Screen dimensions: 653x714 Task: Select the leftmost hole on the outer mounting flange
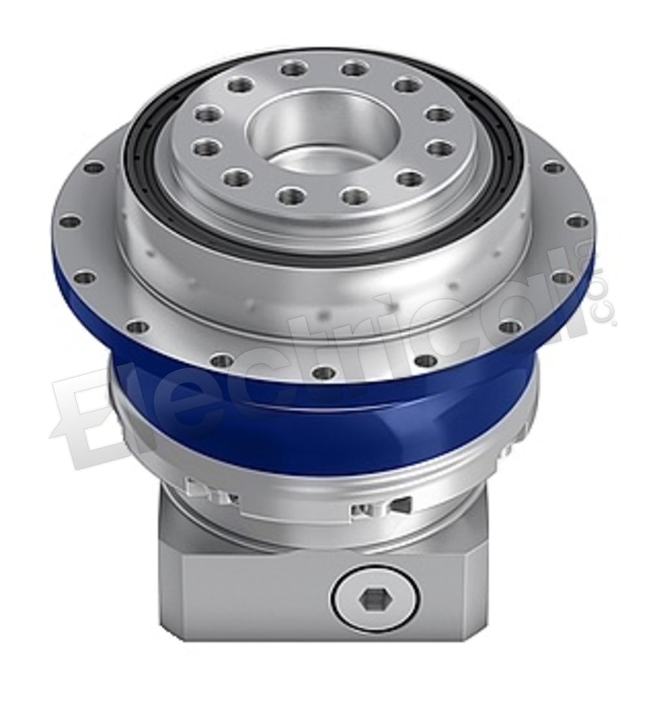tap(69, 223)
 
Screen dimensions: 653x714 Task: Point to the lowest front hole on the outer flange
tap(321, 372)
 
